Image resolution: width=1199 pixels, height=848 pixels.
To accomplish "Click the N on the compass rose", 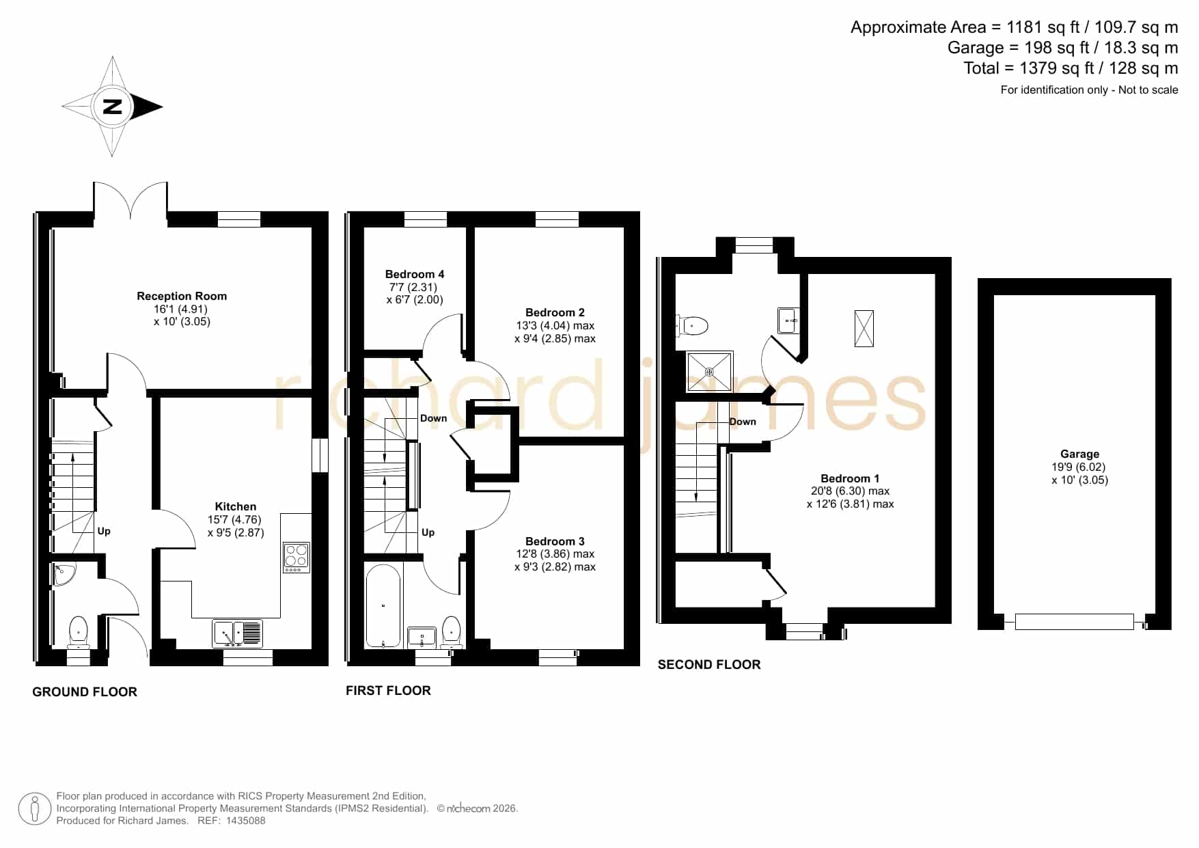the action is click(x=113, y=107).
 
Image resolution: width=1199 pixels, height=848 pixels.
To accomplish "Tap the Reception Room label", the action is click(x=182, y=296).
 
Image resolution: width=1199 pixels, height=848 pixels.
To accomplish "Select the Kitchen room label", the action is click(x=236, y=506).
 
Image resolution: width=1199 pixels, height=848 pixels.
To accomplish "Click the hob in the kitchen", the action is click(x=297, y=558).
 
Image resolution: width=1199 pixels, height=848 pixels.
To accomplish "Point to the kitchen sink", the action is click(x=237, y=633).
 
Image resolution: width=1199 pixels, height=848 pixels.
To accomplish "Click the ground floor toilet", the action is click(x=79, y=632).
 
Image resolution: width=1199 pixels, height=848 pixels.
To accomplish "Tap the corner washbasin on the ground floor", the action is click(x=64, y=575).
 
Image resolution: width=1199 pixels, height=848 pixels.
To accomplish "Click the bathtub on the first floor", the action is click(x=383, y=605).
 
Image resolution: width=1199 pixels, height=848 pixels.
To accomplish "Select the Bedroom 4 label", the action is click(x=415, y=274).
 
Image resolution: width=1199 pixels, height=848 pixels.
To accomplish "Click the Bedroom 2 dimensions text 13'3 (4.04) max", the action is click(x=555, y=326).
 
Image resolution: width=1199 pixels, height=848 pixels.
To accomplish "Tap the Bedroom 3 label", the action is click(x=555, y=541).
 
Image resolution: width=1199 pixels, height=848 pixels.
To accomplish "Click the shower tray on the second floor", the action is click(x=710, y=372).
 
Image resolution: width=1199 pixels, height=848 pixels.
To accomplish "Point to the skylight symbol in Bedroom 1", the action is click(x=864, y=329).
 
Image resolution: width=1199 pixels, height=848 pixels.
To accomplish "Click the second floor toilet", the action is click(x=692, y=326).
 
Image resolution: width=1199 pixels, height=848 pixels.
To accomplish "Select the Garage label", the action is click(x=1080, y=454).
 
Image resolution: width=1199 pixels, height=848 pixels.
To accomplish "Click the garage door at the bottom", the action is click(x=1075, y=622).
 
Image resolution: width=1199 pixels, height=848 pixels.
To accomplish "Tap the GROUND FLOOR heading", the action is click(x=85, y=692).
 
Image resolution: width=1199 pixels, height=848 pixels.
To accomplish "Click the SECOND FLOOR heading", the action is click(x=709, y=665).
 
